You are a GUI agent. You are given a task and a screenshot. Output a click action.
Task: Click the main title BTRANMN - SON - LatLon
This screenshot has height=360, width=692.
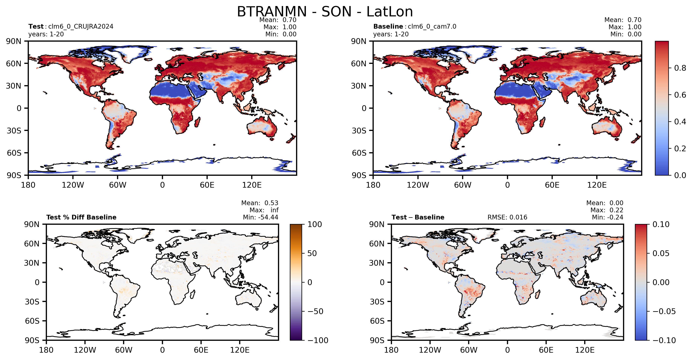point(325,12)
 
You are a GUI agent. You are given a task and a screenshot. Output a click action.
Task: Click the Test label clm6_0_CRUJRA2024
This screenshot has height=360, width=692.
point(81,27)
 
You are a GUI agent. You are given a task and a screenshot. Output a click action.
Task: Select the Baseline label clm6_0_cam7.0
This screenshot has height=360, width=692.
point(432,27)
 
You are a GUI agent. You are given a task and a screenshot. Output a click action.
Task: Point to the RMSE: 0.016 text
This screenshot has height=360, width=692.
point(507,217)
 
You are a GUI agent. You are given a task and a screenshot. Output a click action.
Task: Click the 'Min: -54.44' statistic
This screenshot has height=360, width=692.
point(261,217)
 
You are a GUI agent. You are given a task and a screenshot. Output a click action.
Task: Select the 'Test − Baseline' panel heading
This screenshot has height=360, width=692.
point(418,217)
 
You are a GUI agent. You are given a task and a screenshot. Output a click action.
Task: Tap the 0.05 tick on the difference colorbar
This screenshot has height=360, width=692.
point(661,253)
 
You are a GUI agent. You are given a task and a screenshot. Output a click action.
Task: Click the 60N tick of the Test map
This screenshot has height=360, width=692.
point(13,64)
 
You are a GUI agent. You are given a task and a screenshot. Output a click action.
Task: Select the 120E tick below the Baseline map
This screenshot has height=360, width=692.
point(597,185)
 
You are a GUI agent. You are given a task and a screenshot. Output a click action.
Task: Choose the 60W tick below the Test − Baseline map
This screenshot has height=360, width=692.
point(469,350)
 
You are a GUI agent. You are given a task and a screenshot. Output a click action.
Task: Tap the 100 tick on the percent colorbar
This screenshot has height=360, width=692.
point(315,224)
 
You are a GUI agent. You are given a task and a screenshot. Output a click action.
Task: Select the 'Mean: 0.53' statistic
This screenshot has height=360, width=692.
point(259,203)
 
